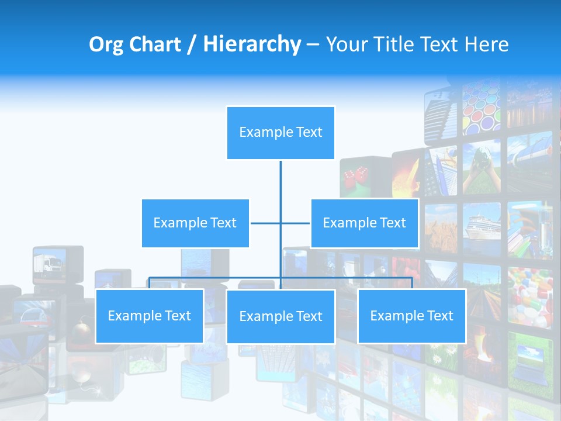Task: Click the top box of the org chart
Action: [280, 133]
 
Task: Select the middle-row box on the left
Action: [195, 223]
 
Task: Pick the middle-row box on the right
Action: [364, 223]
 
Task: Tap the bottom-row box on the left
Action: [150, 316]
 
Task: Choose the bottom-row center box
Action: [280, 316]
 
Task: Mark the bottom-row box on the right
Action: [411, 316]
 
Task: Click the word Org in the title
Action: [106, 44]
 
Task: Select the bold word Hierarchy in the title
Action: [251, 44]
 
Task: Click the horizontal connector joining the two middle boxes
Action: [266, 223]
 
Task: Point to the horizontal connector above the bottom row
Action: [216, 278]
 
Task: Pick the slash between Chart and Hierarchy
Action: [191, 44]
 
